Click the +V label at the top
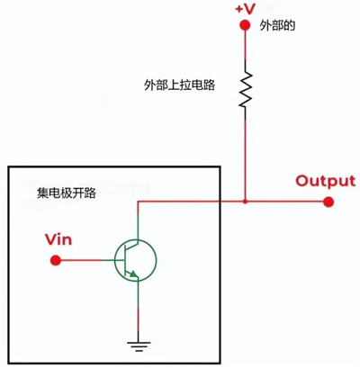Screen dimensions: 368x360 point(245,8)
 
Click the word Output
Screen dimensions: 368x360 point(319,180)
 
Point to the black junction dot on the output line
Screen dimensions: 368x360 point(245,202)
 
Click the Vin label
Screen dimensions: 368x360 point(58,240)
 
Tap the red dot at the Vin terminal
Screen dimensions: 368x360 point(56,261)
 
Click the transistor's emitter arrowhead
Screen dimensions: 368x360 point(132,274)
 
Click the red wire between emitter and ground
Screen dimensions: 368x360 point(137,310)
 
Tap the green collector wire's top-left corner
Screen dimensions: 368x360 point(138,203)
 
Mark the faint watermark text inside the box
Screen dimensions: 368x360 point(126,191)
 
